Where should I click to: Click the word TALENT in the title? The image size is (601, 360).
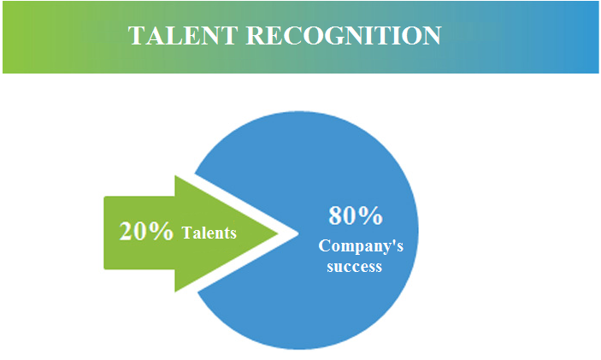[182, 36]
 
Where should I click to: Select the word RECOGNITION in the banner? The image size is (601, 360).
[344, 36]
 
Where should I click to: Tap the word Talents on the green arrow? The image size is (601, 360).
[209, 233]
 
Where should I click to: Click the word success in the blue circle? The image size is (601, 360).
[354, 267]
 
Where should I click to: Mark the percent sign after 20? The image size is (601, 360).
[161, 231]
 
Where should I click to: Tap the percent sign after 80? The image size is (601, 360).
[369, 215]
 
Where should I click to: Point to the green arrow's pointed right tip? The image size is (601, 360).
[278, 233]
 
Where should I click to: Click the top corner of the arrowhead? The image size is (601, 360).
[175, 176]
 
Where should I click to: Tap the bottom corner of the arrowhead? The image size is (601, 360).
[175, 292]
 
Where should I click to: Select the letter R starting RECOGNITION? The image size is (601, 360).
[256, 36]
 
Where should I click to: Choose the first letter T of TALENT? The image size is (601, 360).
[137, 36]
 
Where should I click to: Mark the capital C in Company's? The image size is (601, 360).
[324, 245]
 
